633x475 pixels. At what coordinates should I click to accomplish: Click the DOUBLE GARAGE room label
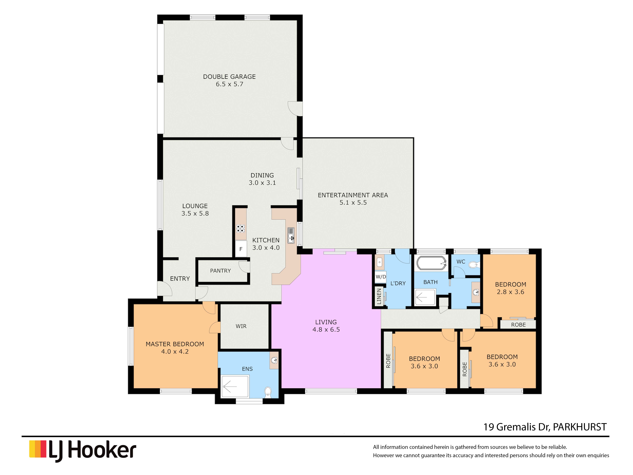pyautogui.click(x=229, y=77)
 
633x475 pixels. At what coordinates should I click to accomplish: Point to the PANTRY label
pyautogui.click(x=220, y=271)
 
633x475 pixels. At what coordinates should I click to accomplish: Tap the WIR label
pyautogui.click(x=241, y=326)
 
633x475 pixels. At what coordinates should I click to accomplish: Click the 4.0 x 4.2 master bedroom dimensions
pyautogui.click(x=175, y=352)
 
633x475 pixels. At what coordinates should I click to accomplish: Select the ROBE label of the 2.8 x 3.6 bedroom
pyautogui.click(x=518, y=325)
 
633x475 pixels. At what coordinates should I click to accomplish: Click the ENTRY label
pyautogui.click(x=180, y=279)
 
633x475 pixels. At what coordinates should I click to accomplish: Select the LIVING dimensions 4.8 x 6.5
pyautogui.click(x=326, y=330)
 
